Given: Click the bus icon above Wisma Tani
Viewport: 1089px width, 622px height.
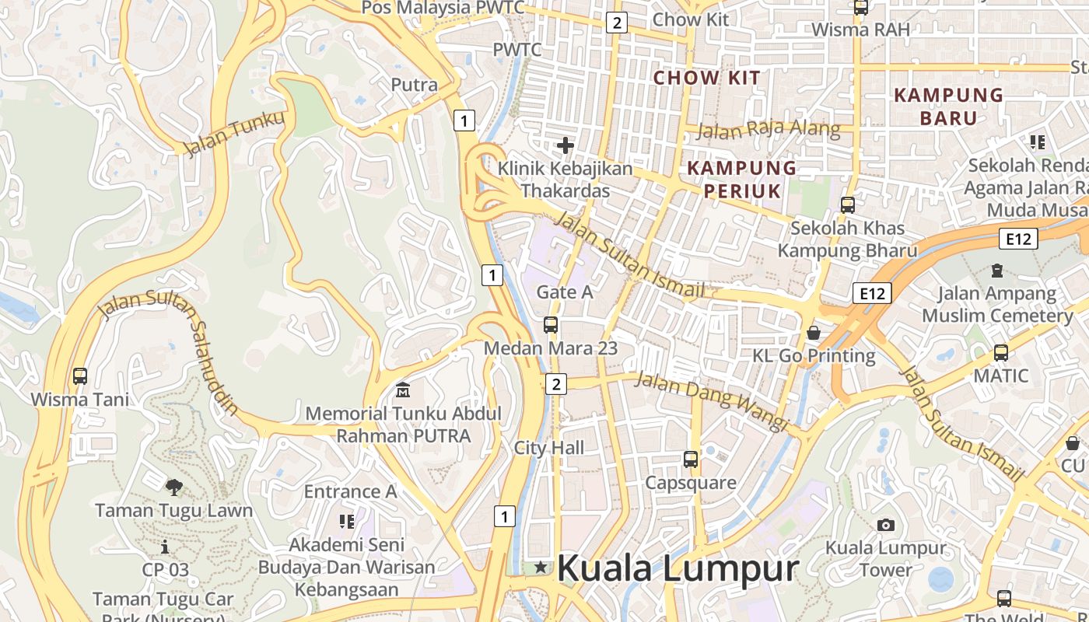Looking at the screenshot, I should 80,376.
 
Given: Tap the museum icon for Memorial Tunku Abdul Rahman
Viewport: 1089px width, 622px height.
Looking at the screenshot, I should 403,390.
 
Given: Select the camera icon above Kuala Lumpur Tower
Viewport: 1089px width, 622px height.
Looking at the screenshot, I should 885,525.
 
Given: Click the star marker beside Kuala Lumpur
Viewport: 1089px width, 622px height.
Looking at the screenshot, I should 541,568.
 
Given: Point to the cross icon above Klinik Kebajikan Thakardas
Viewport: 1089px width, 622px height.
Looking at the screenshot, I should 566,145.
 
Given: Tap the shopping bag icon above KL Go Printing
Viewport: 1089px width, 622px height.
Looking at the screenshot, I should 814,333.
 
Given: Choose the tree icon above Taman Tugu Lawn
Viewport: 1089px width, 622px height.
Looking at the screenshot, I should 174,487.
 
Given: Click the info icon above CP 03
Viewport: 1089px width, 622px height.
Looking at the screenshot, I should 165,547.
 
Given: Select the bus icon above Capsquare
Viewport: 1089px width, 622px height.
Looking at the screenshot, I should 691,460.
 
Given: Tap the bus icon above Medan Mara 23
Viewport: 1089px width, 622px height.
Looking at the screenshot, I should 551,325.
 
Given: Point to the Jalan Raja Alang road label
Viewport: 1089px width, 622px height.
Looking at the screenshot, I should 768,130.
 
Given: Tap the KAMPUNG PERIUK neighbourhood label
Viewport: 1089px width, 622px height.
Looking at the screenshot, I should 741,179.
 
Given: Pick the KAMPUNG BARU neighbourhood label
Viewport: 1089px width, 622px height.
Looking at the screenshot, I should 948,107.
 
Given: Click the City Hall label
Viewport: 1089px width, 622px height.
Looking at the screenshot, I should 549,448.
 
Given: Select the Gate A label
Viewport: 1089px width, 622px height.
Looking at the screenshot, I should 565,292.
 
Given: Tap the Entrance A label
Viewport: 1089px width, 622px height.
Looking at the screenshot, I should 350,491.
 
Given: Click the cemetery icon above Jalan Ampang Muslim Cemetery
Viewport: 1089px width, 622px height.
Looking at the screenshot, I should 996,271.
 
